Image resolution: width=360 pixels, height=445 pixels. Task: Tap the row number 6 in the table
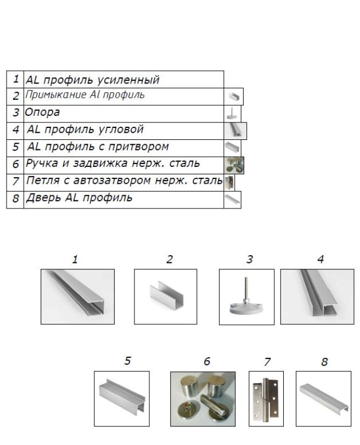tap(15, 164)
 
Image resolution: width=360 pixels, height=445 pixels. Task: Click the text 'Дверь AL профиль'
tap(80, 198)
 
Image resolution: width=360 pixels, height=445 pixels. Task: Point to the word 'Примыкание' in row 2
tap(53, 95)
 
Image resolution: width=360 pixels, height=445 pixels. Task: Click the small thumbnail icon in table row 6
tap(234, 165)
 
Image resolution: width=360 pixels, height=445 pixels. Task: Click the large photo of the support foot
tap(246, 296)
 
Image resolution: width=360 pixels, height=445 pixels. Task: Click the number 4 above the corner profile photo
tap(320, 259)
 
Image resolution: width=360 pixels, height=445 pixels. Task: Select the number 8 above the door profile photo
tap(324, 362)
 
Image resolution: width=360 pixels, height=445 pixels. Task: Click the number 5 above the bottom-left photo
tap(127, 362)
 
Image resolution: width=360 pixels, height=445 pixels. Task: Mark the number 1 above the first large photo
tap(75, 259)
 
